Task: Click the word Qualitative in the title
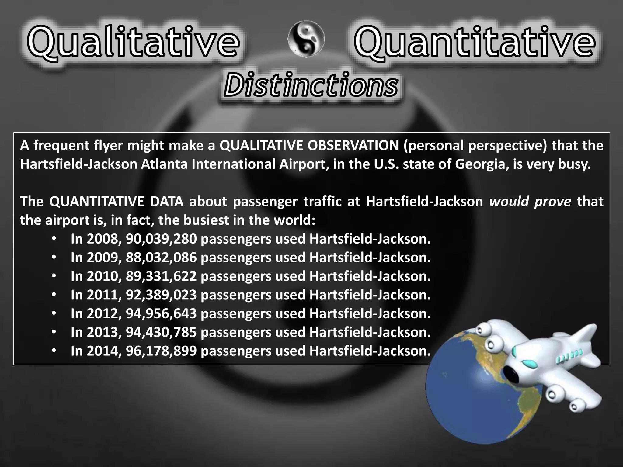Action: pos(133,43)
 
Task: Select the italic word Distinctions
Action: pos(310,85)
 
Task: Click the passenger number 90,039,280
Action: pos(161,239)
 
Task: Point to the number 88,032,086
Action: pos(161,258)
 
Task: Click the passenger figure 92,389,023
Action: pos(161,295)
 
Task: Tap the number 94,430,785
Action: pos(161,332)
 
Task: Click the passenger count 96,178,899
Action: pos(161,351)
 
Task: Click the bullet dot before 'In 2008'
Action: pos(54,239)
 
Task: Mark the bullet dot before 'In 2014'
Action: pos(54,351)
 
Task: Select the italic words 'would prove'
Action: pos(530,202)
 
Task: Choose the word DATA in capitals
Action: pos(167,202)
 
